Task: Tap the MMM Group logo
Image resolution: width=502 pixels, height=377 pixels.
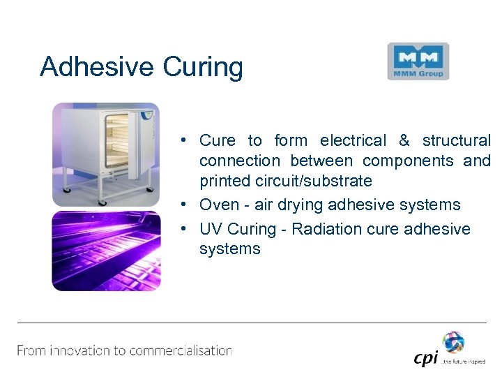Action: (x=418, y=61)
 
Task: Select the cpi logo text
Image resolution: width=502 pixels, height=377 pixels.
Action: (x=425, y=357)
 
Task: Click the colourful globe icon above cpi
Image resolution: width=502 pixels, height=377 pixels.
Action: (x=453, y=341)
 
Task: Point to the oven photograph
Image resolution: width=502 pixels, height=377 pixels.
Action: (x=106, y=154)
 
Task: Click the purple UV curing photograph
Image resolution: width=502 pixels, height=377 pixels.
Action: (x=106, y=251)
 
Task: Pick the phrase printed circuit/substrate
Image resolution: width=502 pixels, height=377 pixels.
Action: (x=286, y=181)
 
